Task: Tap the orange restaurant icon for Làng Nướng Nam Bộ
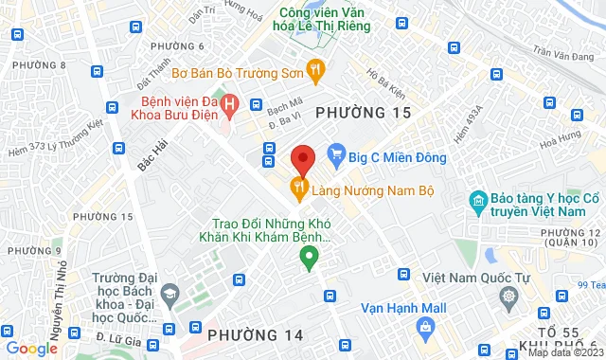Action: coord(300,189)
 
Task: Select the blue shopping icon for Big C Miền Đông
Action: coord(334,152)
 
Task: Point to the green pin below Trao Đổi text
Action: coord(308,257)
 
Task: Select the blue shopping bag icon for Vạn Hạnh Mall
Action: coord(425,328)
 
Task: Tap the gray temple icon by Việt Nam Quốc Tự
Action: coord(509,297)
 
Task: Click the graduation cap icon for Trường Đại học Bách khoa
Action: coord(169,293)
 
